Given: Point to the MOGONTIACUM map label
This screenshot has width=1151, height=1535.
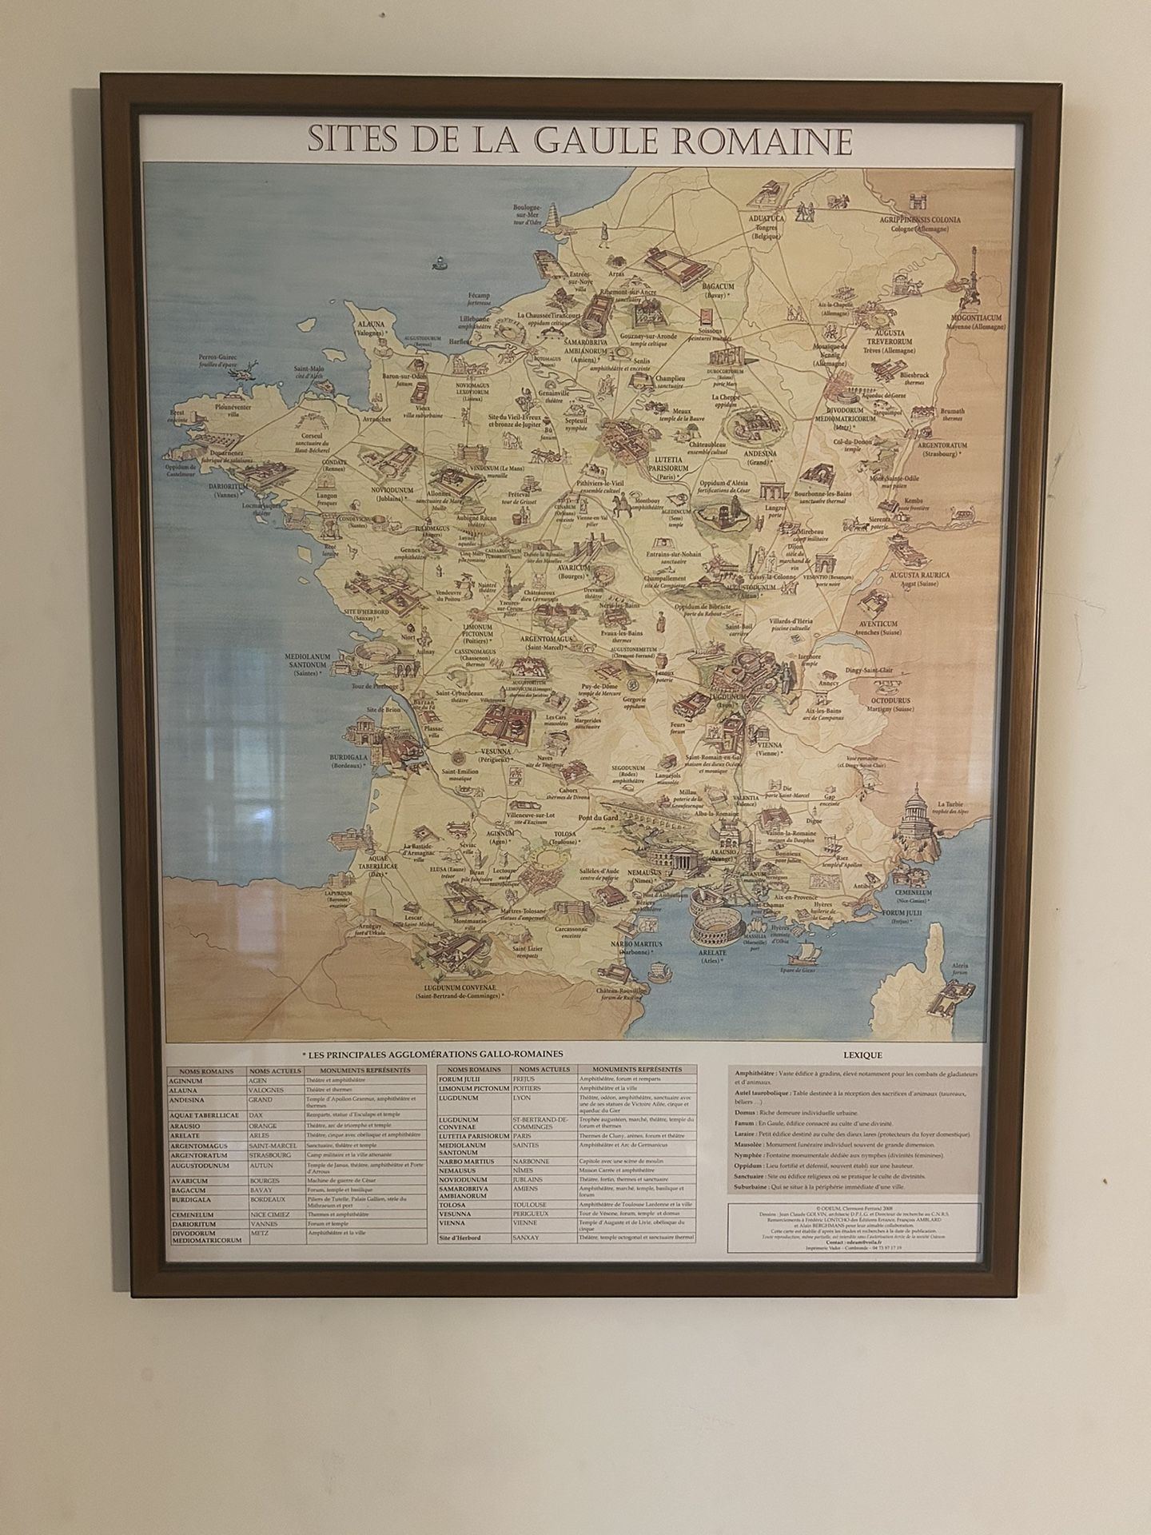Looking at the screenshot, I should tap(974, 317).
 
